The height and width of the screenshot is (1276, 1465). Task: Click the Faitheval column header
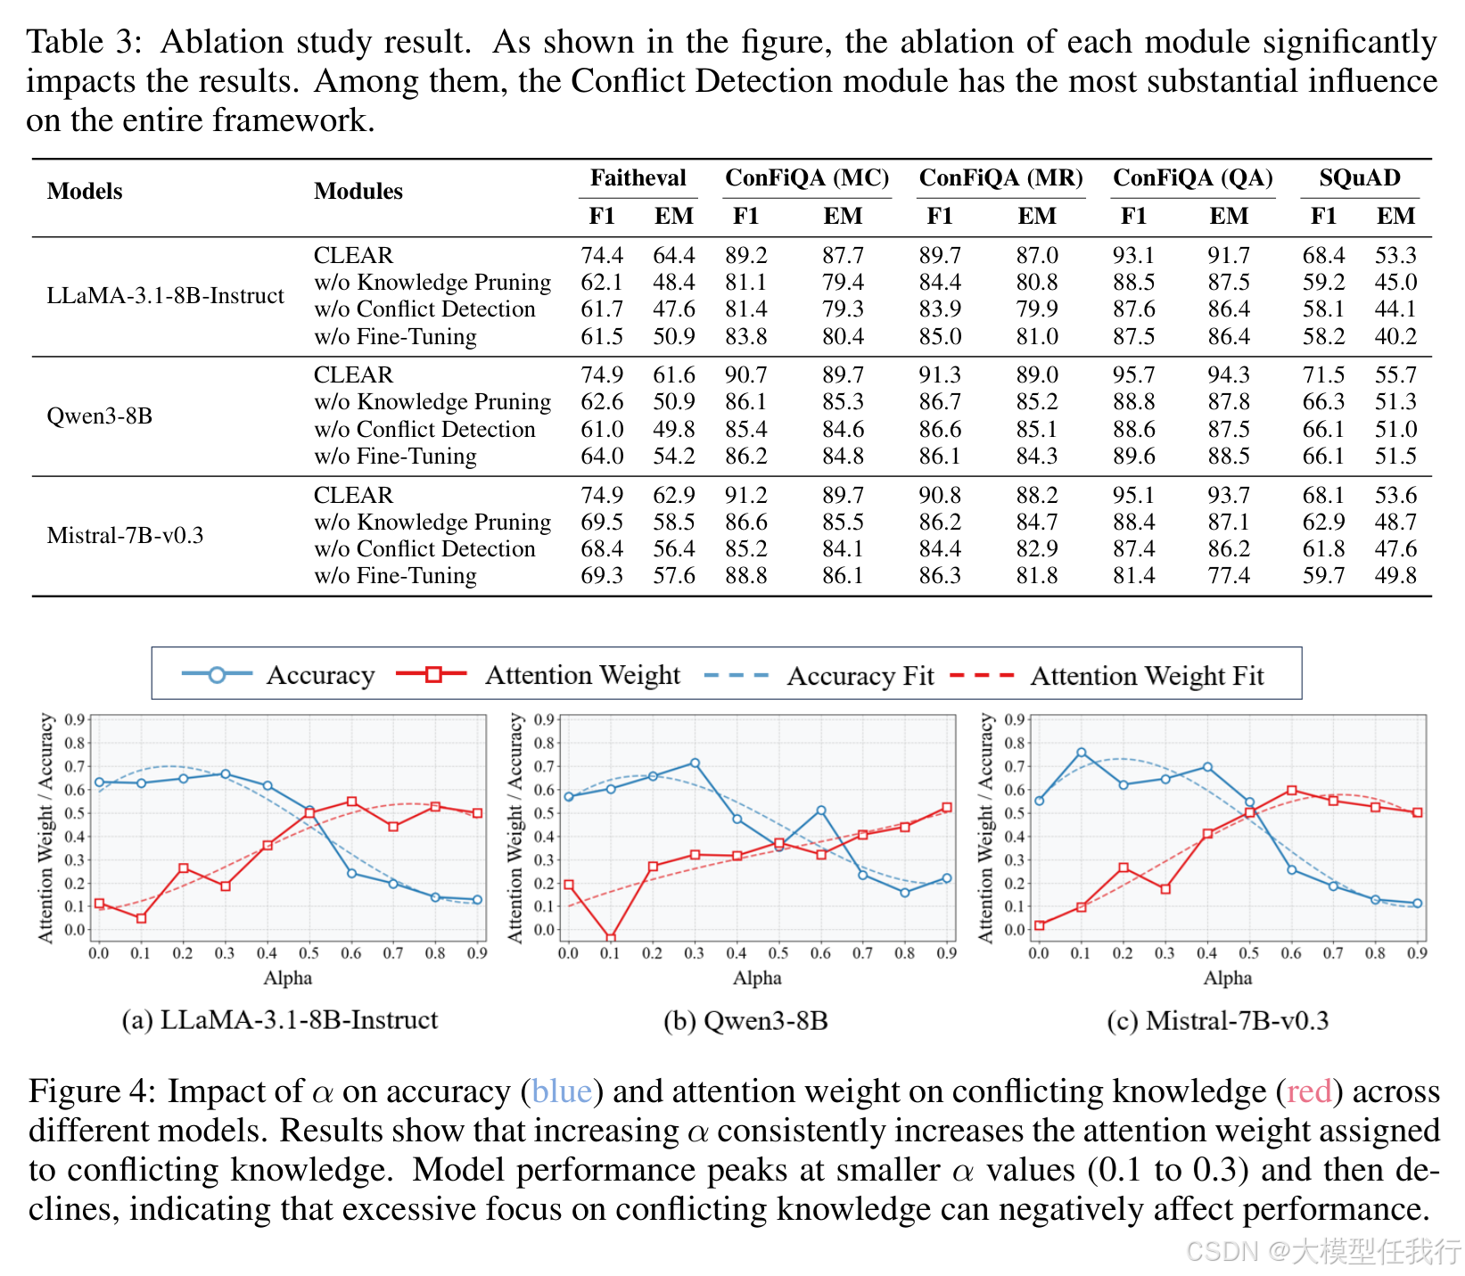click(x=638, y=177)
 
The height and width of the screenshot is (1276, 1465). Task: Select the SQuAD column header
click(x=1359, y=177)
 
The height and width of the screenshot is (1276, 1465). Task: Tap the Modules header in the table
click(x=358, y=191)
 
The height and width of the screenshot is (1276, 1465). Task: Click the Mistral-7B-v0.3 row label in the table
click(x=125, y=535)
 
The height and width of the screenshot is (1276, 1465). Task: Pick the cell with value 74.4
click(x=602, y=256)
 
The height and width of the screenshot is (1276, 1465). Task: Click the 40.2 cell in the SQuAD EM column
click(x=1395, y=336)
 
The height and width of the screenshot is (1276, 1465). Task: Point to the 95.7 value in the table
click(x=1133, y=375)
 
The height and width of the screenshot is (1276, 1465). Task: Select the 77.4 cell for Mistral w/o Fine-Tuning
click(x=1229, y=576)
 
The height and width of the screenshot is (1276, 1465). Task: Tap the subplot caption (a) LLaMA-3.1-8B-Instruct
click(x=280, y=1020)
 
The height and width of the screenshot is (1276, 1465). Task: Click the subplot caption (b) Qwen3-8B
click(x=745, y=1020)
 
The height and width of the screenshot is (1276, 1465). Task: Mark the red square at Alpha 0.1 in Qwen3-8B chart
click(x=611, y=938)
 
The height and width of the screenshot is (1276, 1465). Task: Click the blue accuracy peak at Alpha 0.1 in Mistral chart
click(x=1082, y=753)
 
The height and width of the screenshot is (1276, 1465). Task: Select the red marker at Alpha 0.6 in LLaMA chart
click(x=351, y=802)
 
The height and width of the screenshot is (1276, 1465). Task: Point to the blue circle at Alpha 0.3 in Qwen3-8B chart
click(x=695, y=763)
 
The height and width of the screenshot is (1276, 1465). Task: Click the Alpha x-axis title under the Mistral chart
click(x=1228, y=978)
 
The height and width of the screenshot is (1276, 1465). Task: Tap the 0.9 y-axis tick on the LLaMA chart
click(x=75, y=720)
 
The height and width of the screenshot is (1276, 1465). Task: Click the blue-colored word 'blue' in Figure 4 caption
click(x=562, y=1091)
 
